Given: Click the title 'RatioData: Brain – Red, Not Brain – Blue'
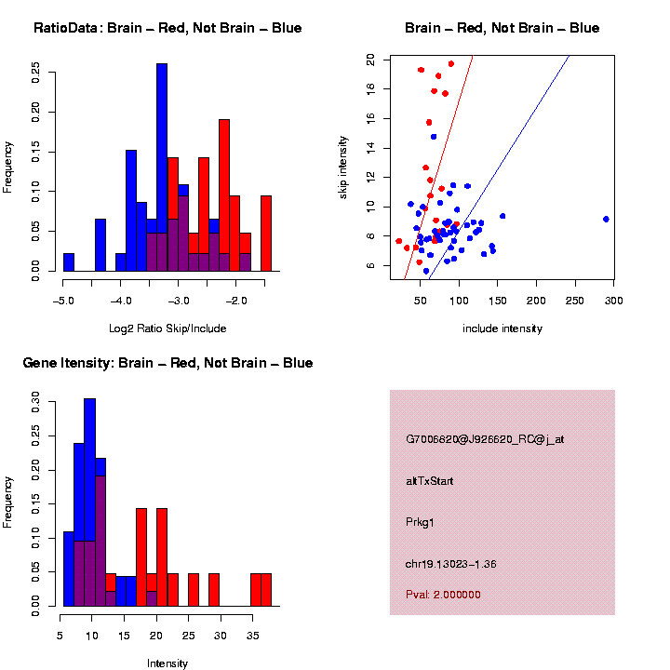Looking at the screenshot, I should point(167,28).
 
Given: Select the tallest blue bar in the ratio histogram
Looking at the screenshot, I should point(162,167).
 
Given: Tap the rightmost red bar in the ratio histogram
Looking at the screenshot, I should point(266,233).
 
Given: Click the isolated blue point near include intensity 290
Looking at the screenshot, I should point(606,219).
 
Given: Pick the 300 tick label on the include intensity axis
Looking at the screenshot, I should point(613,300).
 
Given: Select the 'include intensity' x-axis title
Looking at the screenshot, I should point(502,328).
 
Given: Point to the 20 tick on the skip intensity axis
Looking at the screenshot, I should point(370,59).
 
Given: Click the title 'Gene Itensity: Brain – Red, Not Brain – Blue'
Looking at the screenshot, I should point(167,363).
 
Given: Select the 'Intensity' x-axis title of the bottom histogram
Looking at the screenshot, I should point(167,663).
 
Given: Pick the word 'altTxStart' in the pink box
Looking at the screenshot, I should point(429,481).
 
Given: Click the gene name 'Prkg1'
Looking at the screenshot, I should point(420,522).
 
